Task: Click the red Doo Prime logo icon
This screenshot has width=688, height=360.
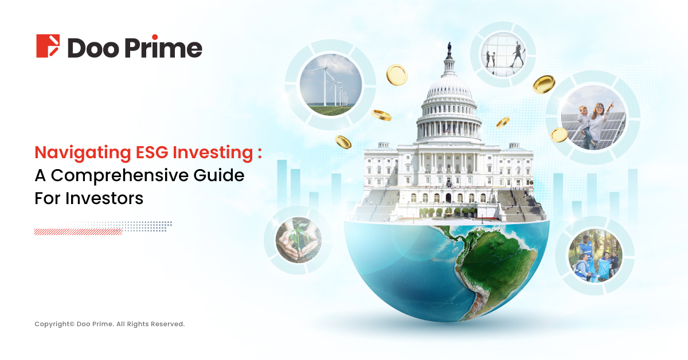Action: pos(48,46)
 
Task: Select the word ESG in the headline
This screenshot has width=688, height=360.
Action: pos(152,152)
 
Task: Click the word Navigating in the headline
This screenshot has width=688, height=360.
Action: pos(83,153)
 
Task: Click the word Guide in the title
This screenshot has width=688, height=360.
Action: pos(218,175)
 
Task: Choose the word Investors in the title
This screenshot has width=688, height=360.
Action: pos(104,198)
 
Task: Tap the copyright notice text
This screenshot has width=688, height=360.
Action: pos(110,324)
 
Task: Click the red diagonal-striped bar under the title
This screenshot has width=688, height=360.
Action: pos(78,232)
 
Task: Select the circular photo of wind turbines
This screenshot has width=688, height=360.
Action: pos(330,85)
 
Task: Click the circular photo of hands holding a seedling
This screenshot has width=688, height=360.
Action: pos(299,240)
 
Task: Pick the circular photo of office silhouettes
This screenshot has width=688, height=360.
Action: pos(503,54)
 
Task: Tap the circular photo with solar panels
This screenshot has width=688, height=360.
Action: pos(593,118)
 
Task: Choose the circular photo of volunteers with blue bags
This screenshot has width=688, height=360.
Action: pos(595,256)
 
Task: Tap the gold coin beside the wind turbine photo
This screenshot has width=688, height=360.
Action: pos(397,75)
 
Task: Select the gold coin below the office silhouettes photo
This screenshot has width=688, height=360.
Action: pos(544,84)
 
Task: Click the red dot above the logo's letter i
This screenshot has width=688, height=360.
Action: pos(155,37)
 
